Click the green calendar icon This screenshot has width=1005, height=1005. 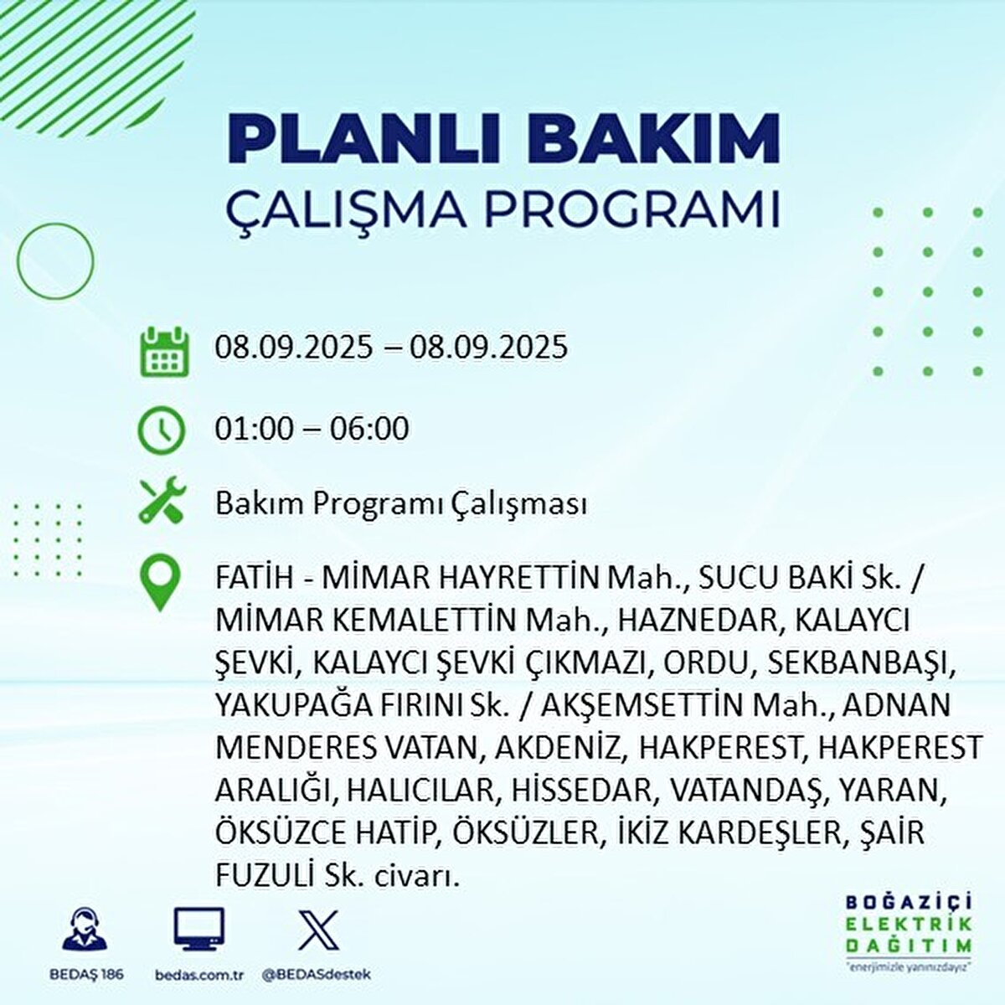(164, 352)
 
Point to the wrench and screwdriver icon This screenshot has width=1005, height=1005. (162, 500)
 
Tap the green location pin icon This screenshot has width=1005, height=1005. (160, 582)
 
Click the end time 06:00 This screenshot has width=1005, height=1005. (368, 429)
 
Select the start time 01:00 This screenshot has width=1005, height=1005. (255, 429)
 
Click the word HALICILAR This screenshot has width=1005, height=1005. (420, 791)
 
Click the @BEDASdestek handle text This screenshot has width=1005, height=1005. (317, 974)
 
